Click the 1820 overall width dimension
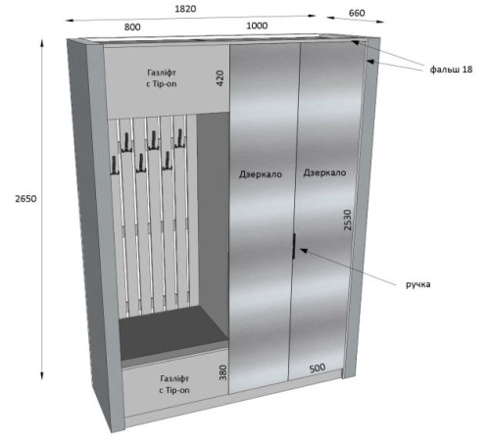click(x=185, y=9)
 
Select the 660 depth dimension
click(x=357, y=13)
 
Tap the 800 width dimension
click(x=132, y=26)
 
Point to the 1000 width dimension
click(x=257, y=25)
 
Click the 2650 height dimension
click(x=25, y=199)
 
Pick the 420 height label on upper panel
click(x=220, y=78)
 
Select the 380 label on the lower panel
click(x=222, y=372)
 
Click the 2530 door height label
click(x=348, y=220)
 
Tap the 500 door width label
click(x=318, y=368)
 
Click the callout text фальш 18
click(x=451, y=70)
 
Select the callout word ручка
click(x=418, y=284)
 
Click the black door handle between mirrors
click(x=294, y=246)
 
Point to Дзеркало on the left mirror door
click(x=261, y=174)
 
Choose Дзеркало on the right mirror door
click(x=324, y=172)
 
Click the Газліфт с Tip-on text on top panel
click(x=162, y=78)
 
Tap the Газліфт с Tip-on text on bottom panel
click(x=174, y=384)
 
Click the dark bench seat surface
click(x=173, y=332)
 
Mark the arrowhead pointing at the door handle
click(x=304, y=251)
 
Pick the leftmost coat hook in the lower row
click(x=114, y=165)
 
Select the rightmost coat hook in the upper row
click(x=178, y=138)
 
